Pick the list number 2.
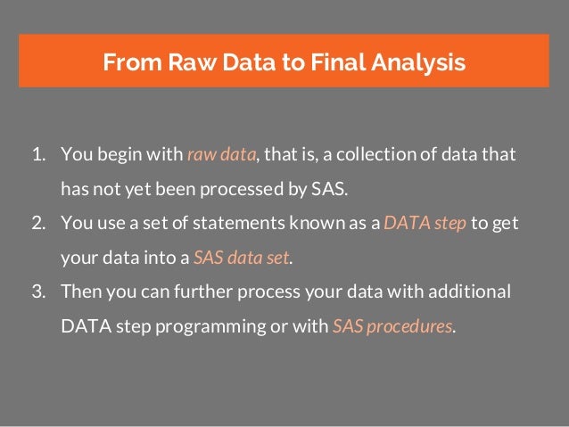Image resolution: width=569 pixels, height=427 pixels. [x=39, y=224]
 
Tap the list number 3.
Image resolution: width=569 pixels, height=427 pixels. [x=39, y=292]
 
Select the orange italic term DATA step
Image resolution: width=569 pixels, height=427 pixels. [x=425, y=224]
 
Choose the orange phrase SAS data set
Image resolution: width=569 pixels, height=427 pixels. [x=242, y=259]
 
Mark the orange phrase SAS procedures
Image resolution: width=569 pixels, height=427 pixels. [x=392, y=325]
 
